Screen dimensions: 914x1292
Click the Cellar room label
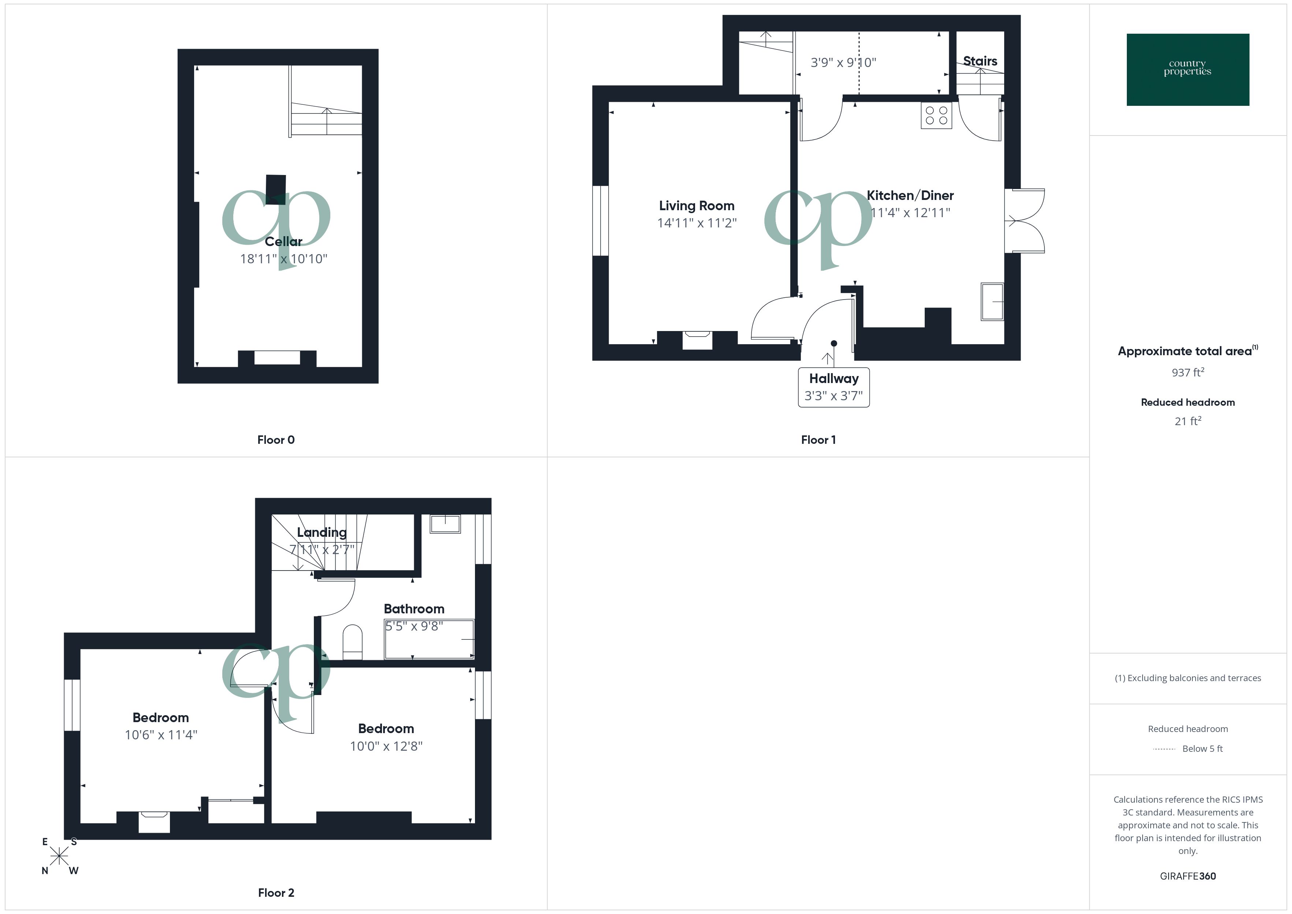point(283,241)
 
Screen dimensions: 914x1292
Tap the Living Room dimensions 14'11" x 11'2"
point(697,223)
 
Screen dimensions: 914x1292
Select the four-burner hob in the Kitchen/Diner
point(936,115)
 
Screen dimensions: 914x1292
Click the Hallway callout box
point(834,387)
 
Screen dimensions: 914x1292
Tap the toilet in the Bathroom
point(352,642)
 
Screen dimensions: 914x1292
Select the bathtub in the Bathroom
point(429,639)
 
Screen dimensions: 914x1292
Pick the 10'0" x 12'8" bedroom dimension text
point(386,746)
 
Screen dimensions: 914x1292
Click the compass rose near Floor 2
point(59,856)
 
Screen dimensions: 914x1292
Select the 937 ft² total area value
point(1187,372)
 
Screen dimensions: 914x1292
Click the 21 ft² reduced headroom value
point(1187,421)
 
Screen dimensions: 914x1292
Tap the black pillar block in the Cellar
point(276,189)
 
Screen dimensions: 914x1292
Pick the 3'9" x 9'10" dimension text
point(843,63)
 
